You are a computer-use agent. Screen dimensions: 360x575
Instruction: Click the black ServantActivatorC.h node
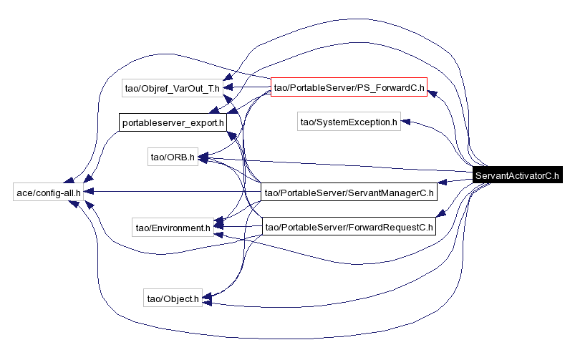click(x=517, y=176)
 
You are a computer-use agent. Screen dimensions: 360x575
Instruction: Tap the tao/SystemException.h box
click(x=349, y=122)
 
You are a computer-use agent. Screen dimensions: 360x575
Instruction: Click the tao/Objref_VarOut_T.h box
click(x=171, y=89)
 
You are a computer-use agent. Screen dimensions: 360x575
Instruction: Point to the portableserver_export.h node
click(x=173, y=122)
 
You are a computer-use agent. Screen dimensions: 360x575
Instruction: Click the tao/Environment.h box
click(x=172, y=228)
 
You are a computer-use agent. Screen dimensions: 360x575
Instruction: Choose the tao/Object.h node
click(x=173, y=298)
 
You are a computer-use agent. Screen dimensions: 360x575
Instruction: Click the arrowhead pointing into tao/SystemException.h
click(x=406, y=122)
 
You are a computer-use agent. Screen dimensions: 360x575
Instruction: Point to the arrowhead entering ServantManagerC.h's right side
click(x=443, y=183)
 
